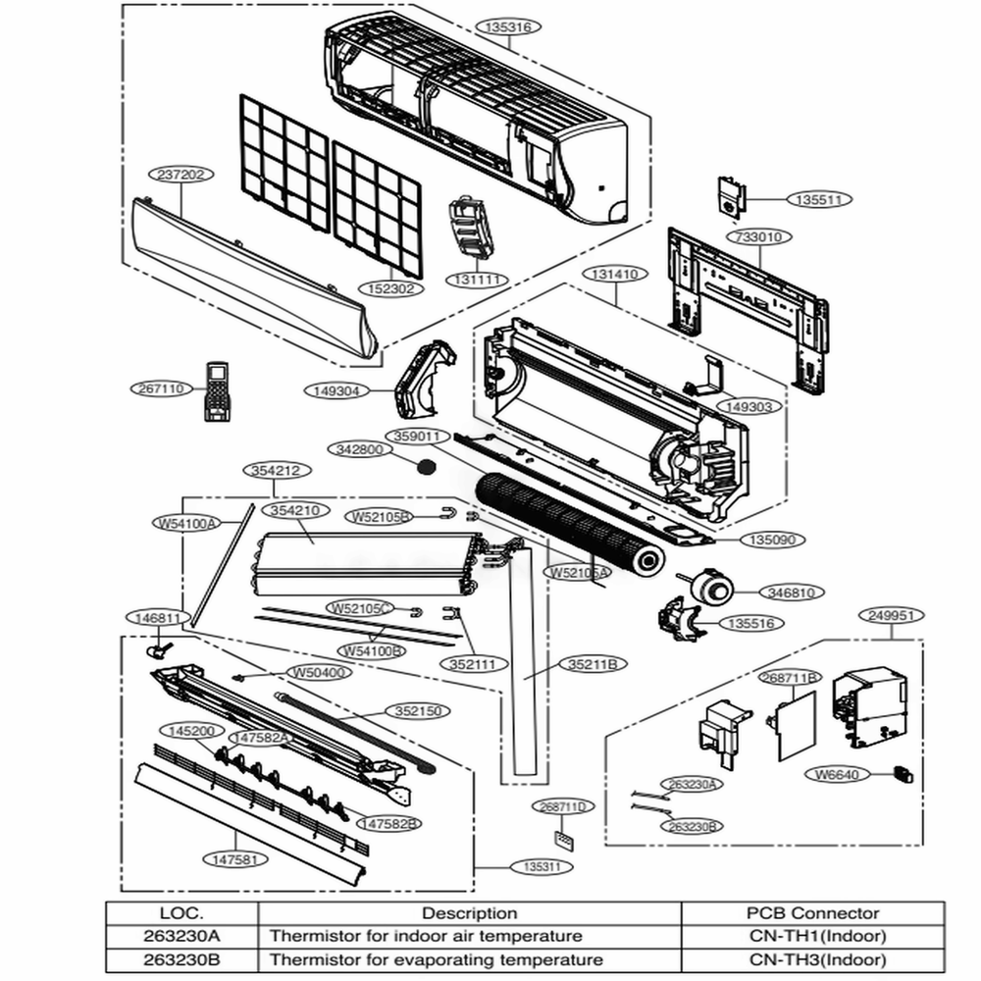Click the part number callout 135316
(508, 28)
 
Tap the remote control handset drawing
(217, 391)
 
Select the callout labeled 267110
(159, 389)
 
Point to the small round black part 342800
(426, 466)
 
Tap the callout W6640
(837, 774)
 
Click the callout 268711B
(792, 678)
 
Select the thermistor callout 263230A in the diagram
(693, 785)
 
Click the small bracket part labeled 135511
(729, 195)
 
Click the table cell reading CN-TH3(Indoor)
(812, 959)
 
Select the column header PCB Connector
(812, 913)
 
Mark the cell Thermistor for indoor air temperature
(425, 936)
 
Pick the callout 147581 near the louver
(234, 858)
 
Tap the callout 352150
(416, 711)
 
